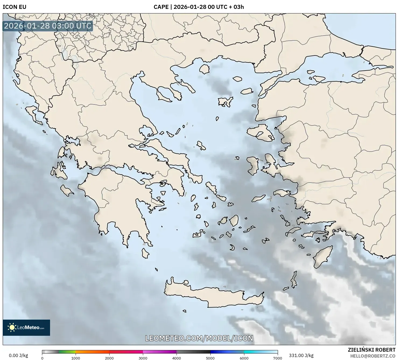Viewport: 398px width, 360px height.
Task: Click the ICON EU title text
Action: coord(15,7)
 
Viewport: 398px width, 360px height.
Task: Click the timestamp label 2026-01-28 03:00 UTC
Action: coord(48,26)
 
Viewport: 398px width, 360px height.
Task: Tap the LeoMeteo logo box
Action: coord(26,327)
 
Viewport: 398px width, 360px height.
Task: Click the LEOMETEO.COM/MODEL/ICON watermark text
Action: coord(199,338)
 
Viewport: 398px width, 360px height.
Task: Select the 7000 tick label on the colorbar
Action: coord(277,358)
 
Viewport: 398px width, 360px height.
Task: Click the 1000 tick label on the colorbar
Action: coord(76,358)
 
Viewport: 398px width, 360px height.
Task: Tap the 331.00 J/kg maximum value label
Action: coord(301,355)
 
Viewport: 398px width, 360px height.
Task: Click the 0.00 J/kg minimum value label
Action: coord(19,355)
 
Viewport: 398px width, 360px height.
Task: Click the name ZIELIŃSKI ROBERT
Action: coord(372,350)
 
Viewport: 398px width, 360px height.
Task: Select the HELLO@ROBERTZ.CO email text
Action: coord(373,356)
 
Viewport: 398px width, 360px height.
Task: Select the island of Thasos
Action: coord(204,69)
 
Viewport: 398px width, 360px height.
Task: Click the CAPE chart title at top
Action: coord(199,7)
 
